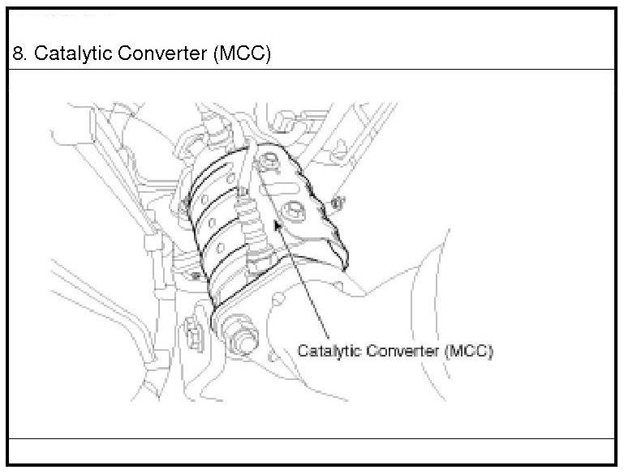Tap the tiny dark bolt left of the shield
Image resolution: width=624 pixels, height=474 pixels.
[196, 276]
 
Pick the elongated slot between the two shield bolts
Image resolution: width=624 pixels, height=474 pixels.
[279, 187]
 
